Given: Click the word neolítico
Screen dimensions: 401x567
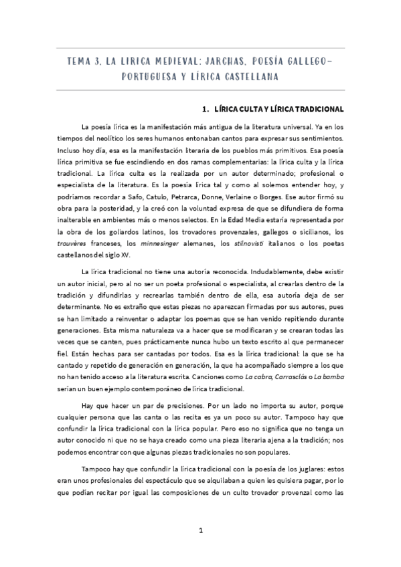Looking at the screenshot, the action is pos(105,138).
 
